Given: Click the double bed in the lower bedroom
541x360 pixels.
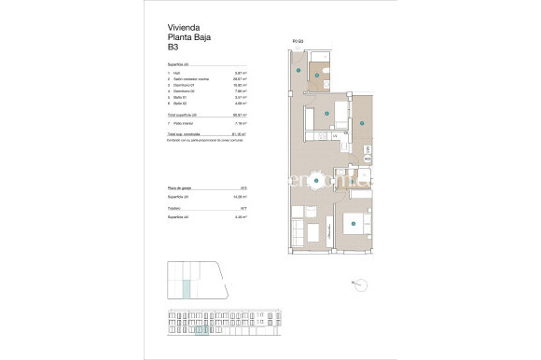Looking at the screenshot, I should [354, 224].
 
